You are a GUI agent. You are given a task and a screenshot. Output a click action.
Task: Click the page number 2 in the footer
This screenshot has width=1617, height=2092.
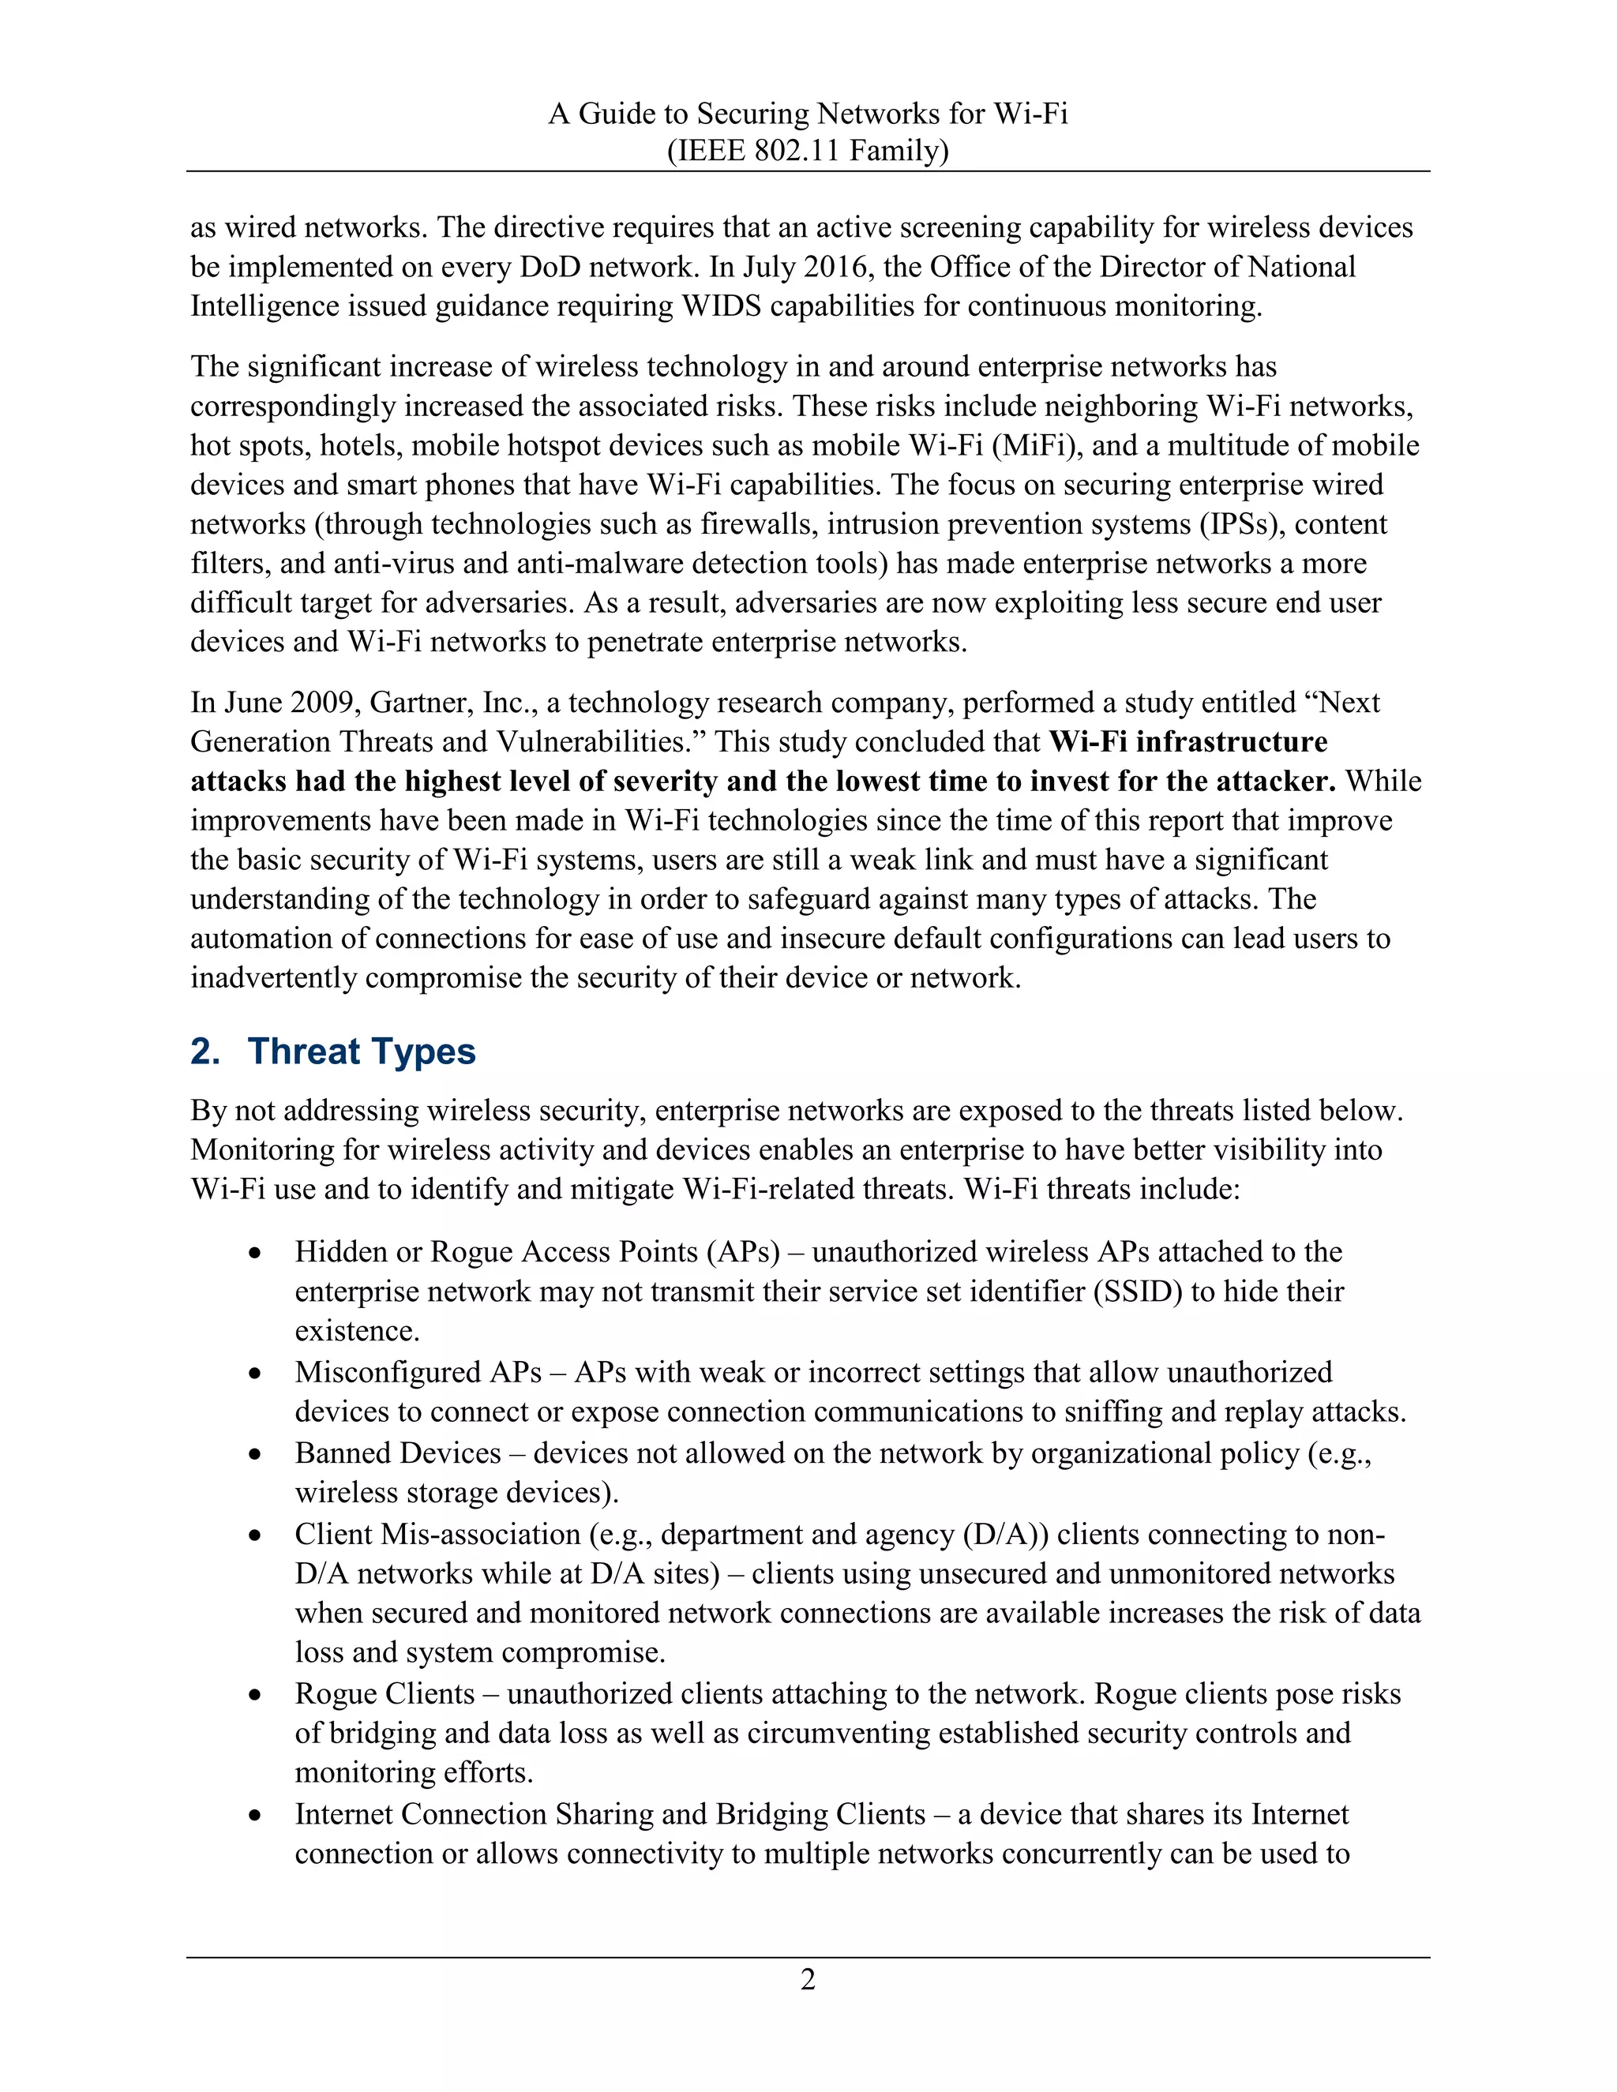tap(808, 1979)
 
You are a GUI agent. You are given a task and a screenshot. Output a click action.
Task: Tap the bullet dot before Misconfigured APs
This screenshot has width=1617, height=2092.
tap(255, 1373)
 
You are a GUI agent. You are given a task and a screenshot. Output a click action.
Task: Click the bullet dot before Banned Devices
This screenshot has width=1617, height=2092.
tap(255, 1454)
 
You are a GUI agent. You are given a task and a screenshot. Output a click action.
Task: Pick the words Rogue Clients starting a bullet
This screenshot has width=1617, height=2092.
tap(385, 1693)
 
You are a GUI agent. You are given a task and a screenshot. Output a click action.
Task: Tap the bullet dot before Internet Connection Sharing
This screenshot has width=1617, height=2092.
tap(255, 1815)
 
